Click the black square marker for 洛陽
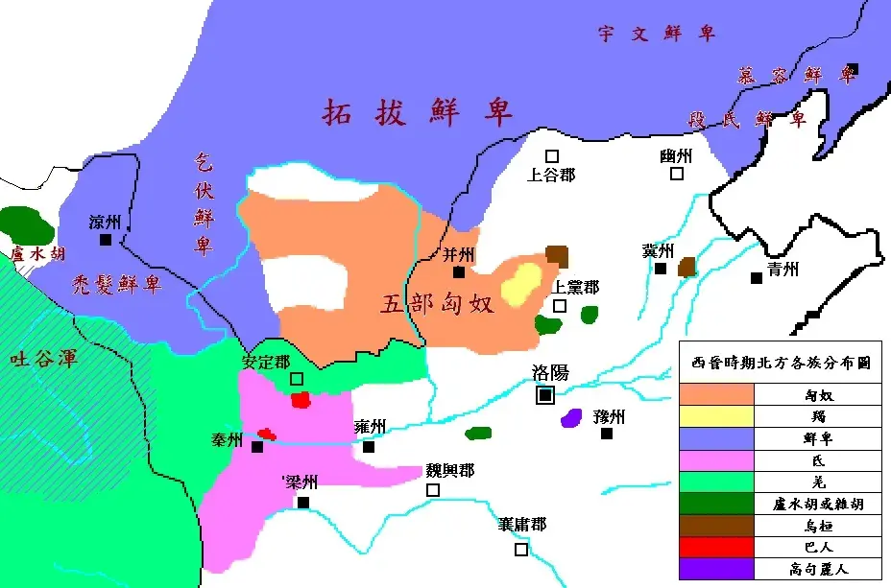pos(545,394)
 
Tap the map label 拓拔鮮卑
pos(418,111)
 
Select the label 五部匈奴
pos(438,304)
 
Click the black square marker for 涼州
pos(106,240)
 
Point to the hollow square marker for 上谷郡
pos(552,155)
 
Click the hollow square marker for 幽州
pos(677,174)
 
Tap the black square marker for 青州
pos(757,277)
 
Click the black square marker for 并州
pos(459,271)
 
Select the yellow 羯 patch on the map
pos(521,283)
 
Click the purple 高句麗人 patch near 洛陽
pos(572,417)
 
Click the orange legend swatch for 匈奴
pos(716,393)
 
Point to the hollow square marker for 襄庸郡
pos(520,550)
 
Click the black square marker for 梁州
pos(303,502)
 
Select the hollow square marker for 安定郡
pos(297,379)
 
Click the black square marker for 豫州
pos(607,434)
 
